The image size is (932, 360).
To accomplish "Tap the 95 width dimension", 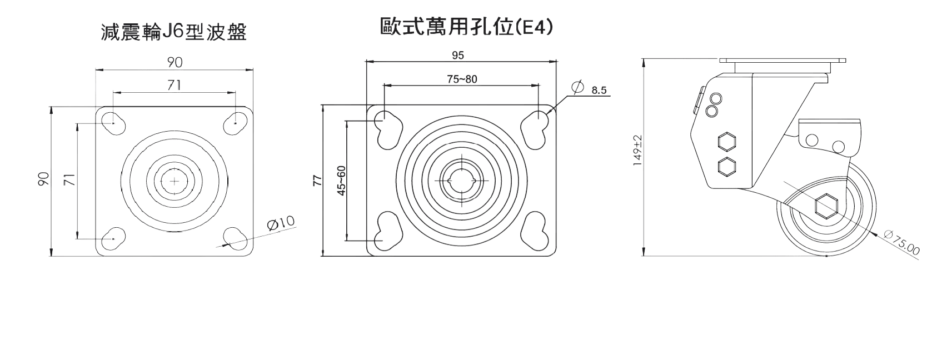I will [458, 54].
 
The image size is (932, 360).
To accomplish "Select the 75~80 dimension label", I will [462, 79].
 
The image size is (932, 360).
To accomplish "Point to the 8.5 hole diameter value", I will [599, 90].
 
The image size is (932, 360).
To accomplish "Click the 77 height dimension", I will [317, 181].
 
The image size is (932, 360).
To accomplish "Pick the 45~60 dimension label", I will [342, 181].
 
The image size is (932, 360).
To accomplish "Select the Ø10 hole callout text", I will [281, 224].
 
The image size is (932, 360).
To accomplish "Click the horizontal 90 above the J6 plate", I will [175, 63].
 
